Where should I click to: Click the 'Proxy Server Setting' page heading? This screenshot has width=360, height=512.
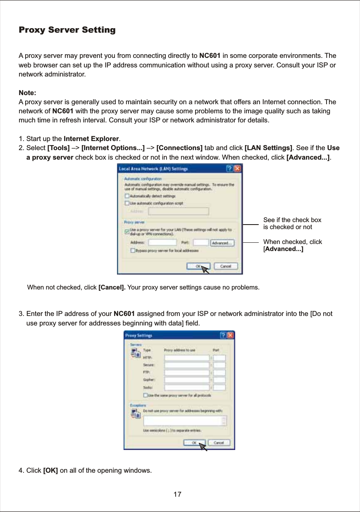(x=67, y=30)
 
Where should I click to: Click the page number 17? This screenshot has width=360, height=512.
(x=178, y=495)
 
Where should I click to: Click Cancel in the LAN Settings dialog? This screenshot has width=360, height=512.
(x=226, y=266)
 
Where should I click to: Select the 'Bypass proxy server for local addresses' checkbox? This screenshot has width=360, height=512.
(x=133, y=251)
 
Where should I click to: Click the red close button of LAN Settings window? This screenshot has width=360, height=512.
(x=237, y=169)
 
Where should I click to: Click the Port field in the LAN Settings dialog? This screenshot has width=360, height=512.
(x=200, y=243)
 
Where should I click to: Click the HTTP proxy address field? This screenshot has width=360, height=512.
(x=187, y=358)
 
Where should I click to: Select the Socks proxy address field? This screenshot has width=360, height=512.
(x=187, y=388)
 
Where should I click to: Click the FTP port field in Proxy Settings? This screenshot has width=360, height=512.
(x=219, y=373)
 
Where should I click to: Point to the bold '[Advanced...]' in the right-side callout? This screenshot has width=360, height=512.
(x=284, y=249)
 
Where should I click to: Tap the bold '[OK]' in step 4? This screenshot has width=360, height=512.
(x=50, y=471)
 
